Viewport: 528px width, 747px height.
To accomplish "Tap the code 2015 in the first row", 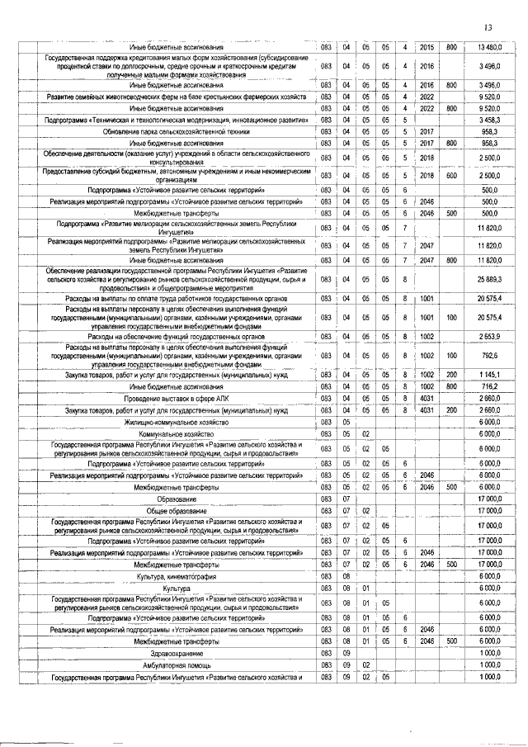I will (427, 46).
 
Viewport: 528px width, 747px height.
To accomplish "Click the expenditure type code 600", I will (451, 175).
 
